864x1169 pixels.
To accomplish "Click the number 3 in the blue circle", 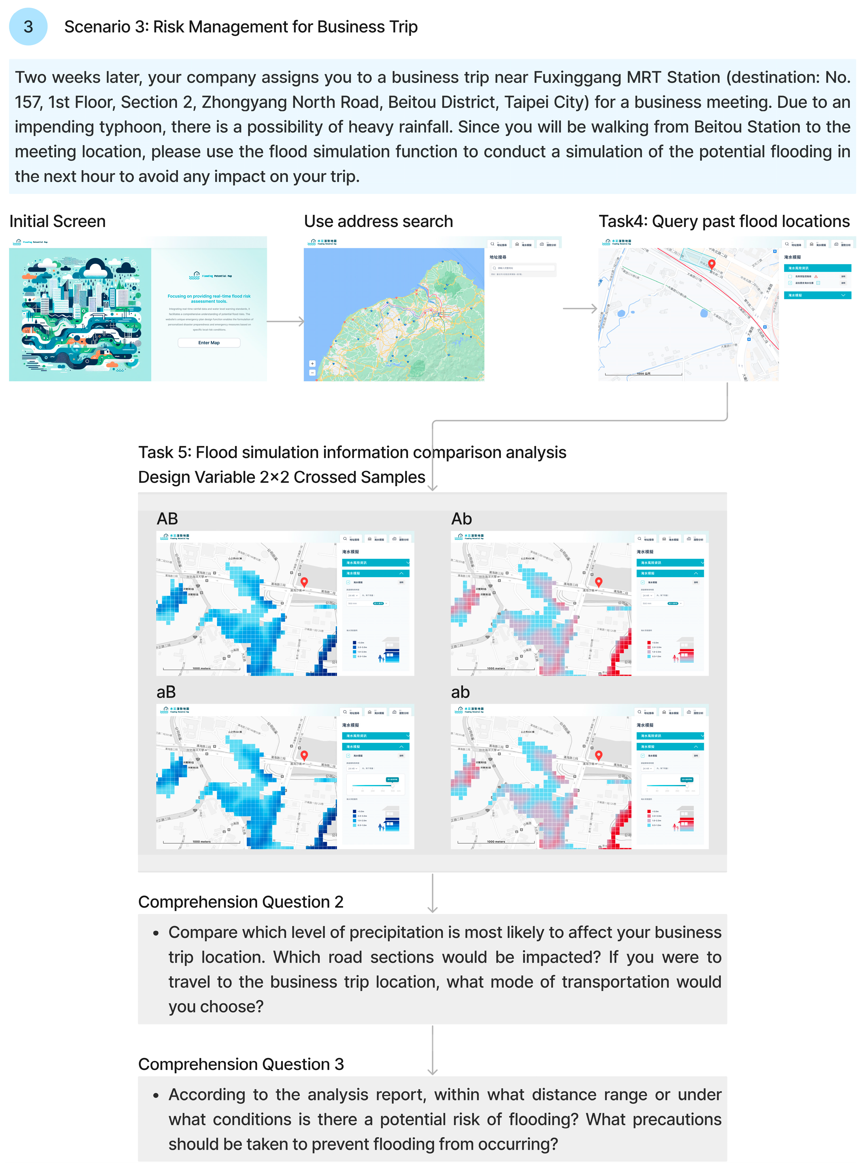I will pos(28,27).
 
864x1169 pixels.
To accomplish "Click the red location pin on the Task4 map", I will pos(711,264).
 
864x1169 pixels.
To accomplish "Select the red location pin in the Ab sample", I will pos(599,581).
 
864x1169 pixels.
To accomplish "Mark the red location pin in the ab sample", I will pos(599,755).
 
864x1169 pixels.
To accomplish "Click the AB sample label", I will pos(167,519).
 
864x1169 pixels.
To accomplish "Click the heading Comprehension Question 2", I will pos(241,902).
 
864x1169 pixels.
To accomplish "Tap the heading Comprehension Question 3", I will pos(241,1064).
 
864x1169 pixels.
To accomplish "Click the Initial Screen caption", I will pos(57,221).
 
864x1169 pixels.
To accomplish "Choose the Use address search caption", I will pos(378,221).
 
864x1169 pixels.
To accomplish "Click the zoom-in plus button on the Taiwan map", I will pos(312,363).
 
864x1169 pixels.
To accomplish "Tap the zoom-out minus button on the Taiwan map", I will pos(312,373).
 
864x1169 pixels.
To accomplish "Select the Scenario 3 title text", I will pos(241,27).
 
